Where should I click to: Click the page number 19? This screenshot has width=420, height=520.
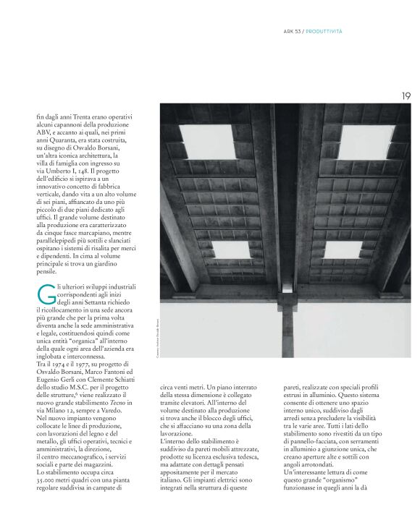[406, 95]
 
